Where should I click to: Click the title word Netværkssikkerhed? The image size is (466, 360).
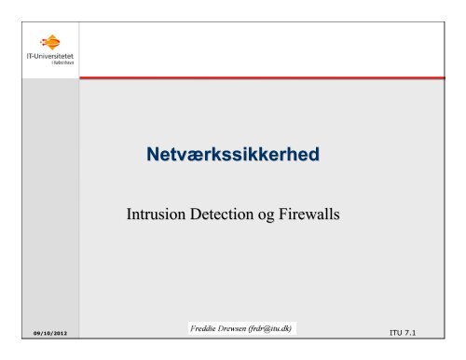click(x=233, y=154)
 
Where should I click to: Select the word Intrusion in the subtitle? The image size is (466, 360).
click(x=156, y=214)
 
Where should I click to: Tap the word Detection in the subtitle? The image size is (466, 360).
click(x=222, y=214)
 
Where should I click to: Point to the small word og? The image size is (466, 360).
click(x=266, y=216)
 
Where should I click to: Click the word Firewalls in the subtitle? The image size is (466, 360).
click(x=309, y=214)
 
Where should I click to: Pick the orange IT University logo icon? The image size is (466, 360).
click(x=50, y=42)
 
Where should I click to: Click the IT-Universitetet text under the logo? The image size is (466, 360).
click(x=50, y=56)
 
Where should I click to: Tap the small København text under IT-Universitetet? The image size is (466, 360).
click(x=63, y=62)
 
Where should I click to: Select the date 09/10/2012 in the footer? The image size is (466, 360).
click(x=50, y=333)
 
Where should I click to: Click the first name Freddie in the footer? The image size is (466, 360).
click(x=202, y=328)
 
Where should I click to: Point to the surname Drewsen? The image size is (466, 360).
click(x=232, y=328)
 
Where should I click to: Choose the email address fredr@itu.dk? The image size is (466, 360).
click(x=270, y=329)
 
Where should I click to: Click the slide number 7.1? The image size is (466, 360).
click(x=410, y=333)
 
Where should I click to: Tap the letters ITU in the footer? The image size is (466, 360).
click(x=396, y=333)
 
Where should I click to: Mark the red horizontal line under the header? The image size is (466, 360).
click(x=262, y=77)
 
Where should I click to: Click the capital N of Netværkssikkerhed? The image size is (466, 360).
click(x=153, y=154)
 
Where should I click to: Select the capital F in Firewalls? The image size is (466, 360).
click(x=282, y=214)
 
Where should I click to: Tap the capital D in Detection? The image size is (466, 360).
click(x=195, y=214)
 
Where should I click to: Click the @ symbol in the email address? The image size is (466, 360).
click(x=267, y=329)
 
